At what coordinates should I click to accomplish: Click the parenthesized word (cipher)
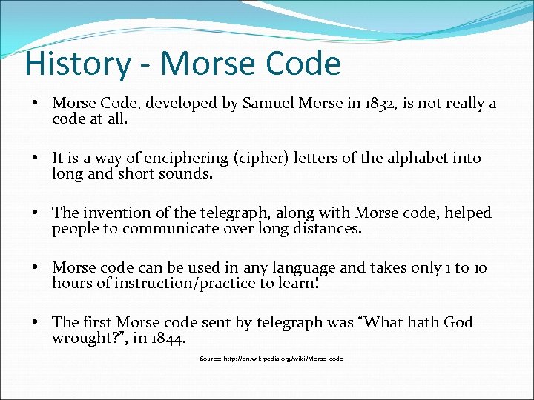point(262,158)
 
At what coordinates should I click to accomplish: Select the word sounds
point(188,174)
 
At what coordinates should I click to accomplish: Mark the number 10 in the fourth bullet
point(479,267)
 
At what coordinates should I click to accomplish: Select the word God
point(458,322)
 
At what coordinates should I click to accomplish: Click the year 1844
point(168,339)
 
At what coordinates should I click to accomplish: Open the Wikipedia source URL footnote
point(271,359)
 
